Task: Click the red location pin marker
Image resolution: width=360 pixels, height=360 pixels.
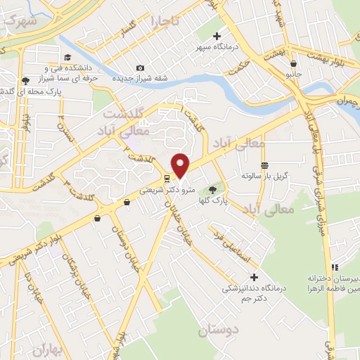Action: [x=181, y=165]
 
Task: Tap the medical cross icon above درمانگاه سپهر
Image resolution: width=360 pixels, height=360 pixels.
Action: [x=217, y=36]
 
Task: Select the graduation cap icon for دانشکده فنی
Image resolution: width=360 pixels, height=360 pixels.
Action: [x=67, y=58]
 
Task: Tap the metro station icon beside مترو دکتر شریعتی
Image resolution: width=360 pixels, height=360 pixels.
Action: [x=167, y=179]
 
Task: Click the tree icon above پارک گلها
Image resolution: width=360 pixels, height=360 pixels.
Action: [x=212, y=190]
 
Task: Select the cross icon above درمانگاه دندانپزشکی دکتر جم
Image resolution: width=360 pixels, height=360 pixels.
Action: [x=255, y=276]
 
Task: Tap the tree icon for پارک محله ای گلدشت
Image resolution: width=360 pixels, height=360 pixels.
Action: [x=26, y=81]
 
